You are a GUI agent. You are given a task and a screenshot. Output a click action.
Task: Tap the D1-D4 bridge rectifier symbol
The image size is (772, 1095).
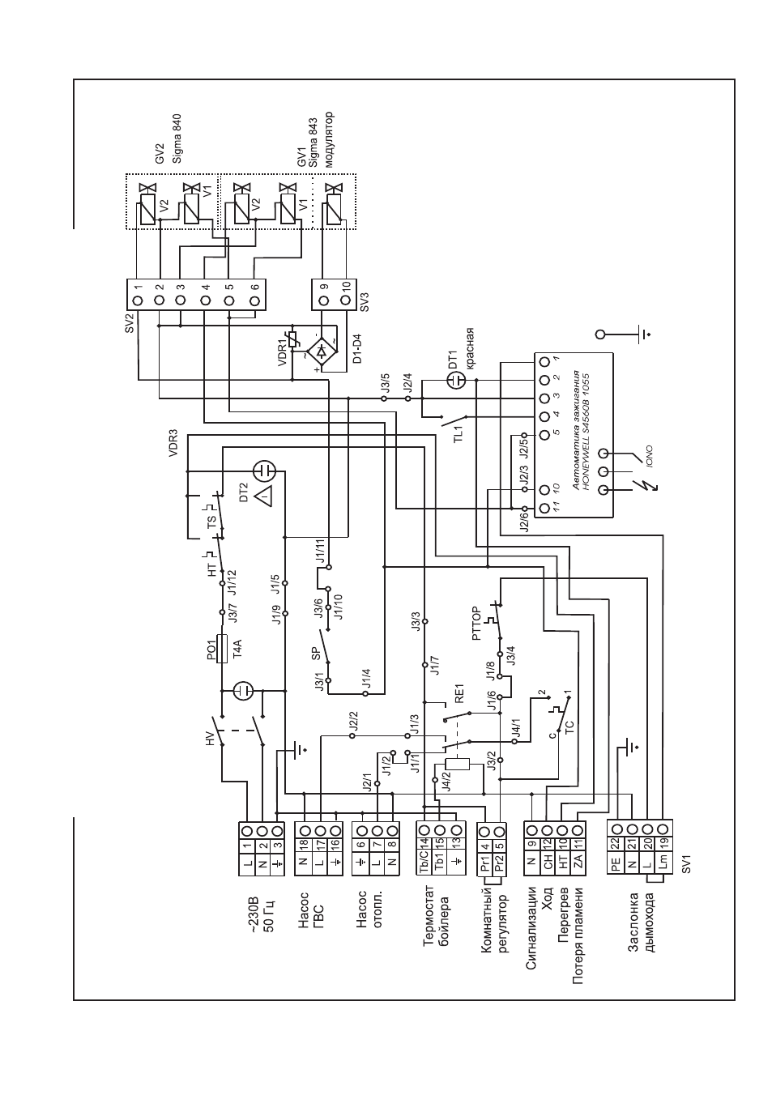point(322,351)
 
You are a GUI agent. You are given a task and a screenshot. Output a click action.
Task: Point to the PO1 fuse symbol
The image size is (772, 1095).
point(222,648)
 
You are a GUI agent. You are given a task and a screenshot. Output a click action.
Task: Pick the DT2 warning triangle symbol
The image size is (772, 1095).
point(263,496)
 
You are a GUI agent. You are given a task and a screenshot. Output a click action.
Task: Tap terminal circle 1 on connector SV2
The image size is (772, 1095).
point(138,300)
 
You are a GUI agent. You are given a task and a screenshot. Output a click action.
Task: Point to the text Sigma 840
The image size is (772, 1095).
point(177,139)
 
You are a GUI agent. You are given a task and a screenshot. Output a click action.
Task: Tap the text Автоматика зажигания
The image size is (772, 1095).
point(578,430)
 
